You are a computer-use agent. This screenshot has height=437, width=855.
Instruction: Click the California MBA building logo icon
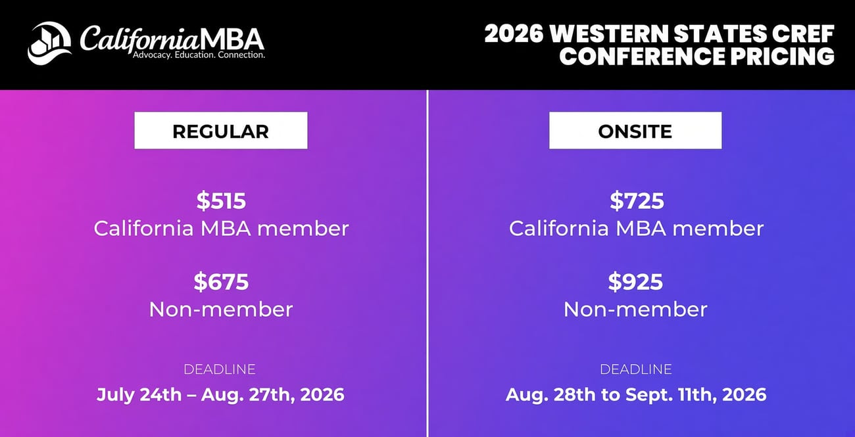point(49,43)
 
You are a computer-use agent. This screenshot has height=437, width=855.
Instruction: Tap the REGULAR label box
point(220,130)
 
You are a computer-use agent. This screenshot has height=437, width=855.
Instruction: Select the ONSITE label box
point(635,130)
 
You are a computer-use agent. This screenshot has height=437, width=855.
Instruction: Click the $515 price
point(221,201)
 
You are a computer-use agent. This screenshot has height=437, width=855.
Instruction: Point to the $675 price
point(221,282)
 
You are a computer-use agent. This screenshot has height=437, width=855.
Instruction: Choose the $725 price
point(636,201)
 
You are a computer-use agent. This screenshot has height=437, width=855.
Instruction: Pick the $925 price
point(635,282)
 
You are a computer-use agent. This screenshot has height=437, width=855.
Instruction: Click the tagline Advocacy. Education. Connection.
point(199,55)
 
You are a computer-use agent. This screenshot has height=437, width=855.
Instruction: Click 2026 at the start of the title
point(514,34)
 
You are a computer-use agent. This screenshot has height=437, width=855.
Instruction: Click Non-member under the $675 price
point(221,310)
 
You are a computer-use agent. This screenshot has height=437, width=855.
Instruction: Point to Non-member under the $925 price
point(635,310)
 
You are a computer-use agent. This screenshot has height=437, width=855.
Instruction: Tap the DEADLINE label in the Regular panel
point(220,369)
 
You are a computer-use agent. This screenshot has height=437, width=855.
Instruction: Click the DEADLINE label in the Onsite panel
point(636,369)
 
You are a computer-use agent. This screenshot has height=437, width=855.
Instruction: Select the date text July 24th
point(139,395)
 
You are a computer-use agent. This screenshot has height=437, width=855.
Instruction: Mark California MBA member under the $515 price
point(222,229)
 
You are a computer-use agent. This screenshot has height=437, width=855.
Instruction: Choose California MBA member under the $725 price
point(636,229)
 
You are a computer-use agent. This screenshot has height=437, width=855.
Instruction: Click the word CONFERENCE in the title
point(642,57)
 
